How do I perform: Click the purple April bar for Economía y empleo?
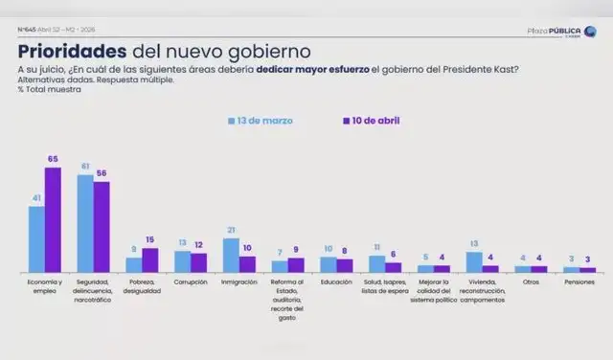point(54,220)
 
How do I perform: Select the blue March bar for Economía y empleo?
point(36,239)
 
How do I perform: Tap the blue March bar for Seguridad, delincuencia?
point(85,224)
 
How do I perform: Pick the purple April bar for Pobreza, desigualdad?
point(150,260)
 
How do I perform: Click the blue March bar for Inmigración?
point(231,256)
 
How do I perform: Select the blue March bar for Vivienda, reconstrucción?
point(474,262)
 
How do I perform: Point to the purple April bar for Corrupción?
point(199,263)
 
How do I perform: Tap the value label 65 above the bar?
point(54,159)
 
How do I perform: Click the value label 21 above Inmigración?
point(231,231)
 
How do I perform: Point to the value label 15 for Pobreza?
point(150,240)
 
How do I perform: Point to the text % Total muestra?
point(48,89)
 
